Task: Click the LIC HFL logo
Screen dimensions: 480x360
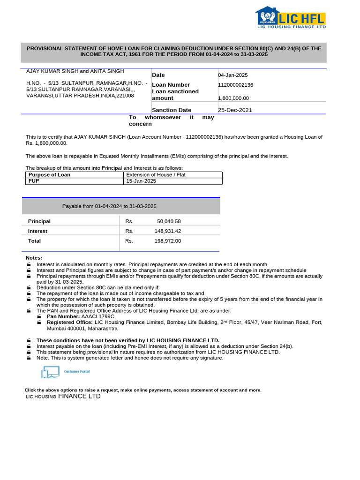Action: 290,18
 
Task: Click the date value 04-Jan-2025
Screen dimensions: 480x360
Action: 233,75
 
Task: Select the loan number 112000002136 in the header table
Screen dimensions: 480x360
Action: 235,85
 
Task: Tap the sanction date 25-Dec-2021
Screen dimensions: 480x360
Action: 235,110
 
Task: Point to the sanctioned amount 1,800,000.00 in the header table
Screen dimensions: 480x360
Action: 233,98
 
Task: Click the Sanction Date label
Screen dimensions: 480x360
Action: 172,110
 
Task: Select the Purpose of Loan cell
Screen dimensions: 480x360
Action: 49,175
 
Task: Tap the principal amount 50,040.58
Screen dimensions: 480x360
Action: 169,221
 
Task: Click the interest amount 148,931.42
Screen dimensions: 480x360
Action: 167,231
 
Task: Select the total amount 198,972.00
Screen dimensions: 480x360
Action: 167,241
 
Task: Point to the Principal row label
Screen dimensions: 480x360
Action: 39,221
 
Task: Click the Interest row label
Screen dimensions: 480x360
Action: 37,231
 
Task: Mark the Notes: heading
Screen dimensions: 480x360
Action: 34,258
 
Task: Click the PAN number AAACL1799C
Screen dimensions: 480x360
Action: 97,316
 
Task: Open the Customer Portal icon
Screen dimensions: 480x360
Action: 65,372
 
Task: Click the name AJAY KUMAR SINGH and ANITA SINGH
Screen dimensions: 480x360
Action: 75,71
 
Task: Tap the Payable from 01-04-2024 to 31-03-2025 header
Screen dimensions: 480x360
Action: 109,206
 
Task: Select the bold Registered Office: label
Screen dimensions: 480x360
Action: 70,322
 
